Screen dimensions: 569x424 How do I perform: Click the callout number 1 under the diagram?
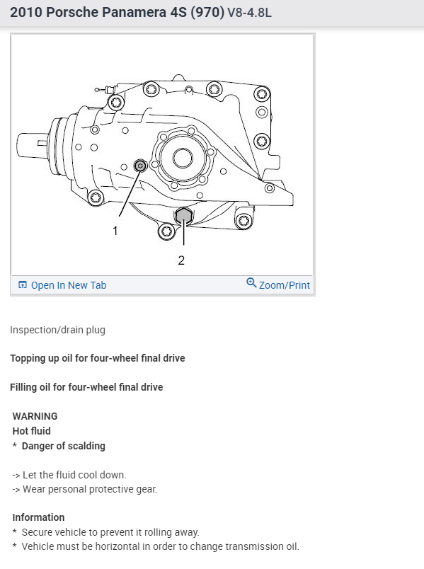[115, 230]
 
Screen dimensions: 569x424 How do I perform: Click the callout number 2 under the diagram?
[181, 260]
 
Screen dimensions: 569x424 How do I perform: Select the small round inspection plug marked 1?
[140, 166]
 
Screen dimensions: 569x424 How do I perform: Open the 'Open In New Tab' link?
[68, 285]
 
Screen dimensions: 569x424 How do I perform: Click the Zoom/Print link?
[284, 285]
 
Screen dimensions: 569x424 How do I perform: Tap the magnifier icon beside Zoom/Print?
[251, 283]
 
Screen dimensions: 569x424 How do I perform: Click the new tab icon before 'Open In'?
[23, 285]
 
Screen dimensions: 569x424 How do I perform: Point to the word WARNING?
[35, 416]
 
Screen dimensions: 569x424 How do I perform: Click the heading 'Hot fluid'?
[31, 431]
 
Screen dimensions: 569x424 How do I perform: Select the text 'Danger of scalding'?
[63, 446]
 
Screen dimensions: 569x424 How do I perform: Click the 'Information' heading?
[38, 517]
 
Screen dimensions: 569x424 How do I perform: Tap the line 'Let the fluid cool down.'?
[74, 475]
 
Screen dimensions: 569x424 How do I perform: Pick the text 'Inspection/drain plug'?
[57, 330]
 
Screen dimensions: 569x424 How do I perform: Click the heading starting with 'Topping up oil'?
[97, 358]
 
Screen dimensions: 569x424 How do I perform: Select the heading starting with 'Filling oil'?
[86, 387]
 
